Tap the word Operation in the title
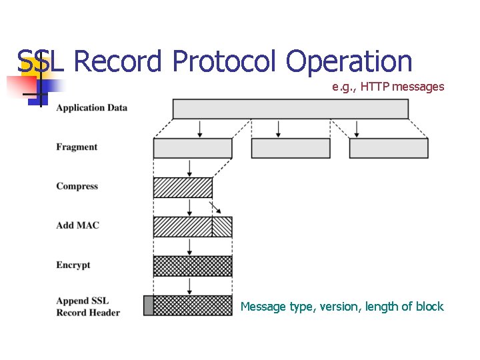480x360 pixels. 350,62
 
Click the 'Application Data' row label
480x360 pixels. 91,108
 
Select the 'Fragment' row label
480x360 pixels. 77,147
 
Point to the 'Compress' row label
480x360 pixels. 77,187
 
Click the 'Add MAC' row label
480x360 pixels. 77,225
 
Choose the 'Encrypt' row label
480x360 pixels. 73,265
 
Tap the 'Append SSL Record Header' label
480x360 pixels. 88,307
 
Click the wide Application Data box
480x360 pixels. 290,109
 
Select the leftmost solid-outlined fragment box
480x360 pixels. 193,148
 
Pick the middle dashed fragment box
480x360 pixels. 291,148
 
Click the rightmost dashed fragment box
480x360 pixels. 389,148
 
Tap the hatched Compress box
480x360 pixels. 183,187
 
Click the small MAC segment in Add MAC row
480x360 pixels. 222,227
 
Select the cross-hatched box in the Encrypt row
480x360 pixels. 193,266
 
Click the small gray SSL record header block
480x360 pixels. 148,305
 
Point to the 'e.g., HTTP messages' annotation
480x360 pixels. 388,87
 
